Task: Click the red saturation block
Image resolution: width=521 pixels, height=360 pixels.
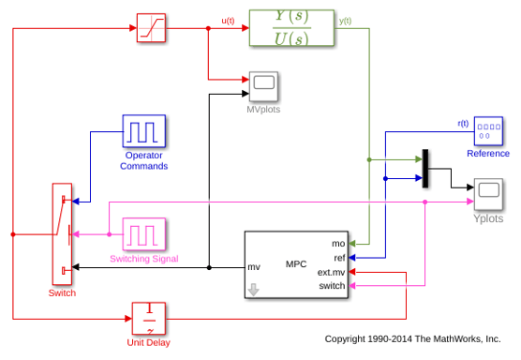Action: (x=151, y=28)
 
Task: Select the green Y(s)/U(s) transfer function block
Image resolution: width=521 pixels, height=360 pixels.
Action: (x=291, y=28)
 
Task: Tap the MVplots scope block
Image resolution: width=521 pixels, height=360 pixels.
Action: (x=263, y=86)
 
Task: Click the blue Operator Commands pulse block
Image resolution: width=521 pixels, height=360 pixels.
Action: (x=144, y=131)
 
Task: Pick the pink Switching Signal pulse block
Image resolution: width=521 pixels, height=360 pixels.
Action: (x=144, y=234)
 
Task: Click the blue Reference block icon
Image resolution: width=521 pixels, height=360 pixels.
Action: (x=488, y=131)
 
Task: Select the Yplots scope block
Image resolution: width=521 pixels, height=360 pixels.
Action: (x=488, y=194)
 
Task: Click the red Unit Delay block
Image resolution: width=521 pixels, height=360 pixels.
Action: (x=149, y=319)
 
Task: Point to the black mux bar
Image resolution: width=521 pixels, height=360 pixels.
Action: (x=425, y=169)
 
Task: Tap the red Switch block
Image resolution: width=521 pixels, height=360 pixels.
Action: (x=62, y=234)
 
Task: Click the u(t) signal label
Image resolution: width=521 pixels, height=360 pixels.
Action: (x=228, y=21)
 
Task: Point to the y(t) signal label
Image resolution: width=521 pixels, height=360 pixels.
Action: (x=345, y=21)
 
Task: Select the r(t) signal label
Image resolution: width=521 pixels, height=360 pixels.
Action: (x=463, y=124)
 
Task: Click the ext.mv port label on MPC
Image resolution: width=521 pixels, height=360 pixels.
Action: (x=331, y=272)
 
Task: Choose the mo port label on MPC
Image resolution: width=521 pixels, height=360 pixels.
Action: (x=338, y=244)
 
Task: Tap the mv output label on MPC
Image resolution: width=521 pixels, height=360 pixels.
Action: (x=254, y=267)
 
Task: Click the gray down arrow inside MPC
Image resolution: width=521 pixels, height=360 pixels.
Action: (x=254, y=290)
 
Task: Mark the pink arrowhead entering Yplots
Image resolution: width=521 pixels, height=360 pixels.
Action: (x=470, y=202)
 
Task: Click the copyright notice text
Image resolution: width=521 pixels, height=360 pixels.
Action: (x=412, y=338)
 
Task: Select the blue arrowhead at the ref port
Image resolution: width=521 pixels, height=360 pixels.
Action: (x=352, y=258)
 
